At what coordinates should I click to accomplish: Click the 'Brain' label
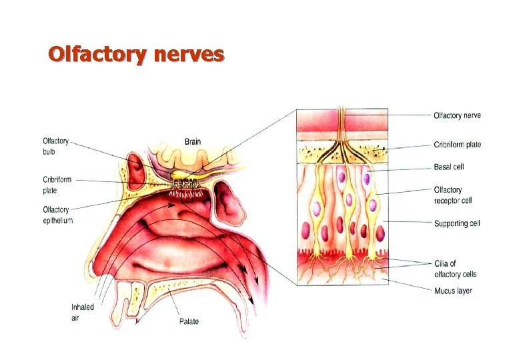coord(193,141)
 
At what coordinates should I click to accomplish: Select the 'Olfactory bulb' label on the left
coord(55,146)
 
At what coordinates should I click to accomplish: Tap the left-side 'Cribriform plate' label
coord(57,185)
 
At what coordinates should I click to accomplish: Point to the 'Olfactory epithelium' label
coord(57,215)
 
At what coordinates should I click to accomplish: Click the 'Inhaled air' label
coord(83,311)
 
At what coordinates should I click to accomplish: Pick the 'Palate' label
coord(189,322)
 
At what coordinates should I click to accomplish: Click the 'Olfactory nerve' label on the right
coord(457,115)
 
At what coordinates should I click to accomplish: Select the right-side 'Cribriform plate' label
coord(457,145)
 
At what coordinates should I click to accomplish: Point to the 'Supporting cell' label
coord(457,223)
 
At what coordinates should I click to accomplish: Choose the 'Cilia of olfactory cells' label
coord(455,269)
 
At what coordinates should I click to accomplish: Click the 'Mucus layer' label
coord(453,291)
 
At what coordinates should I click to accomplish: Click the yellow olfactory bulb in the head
coord(181,175)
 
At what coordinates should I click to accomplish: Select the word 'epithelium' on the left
coord(57,220)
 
